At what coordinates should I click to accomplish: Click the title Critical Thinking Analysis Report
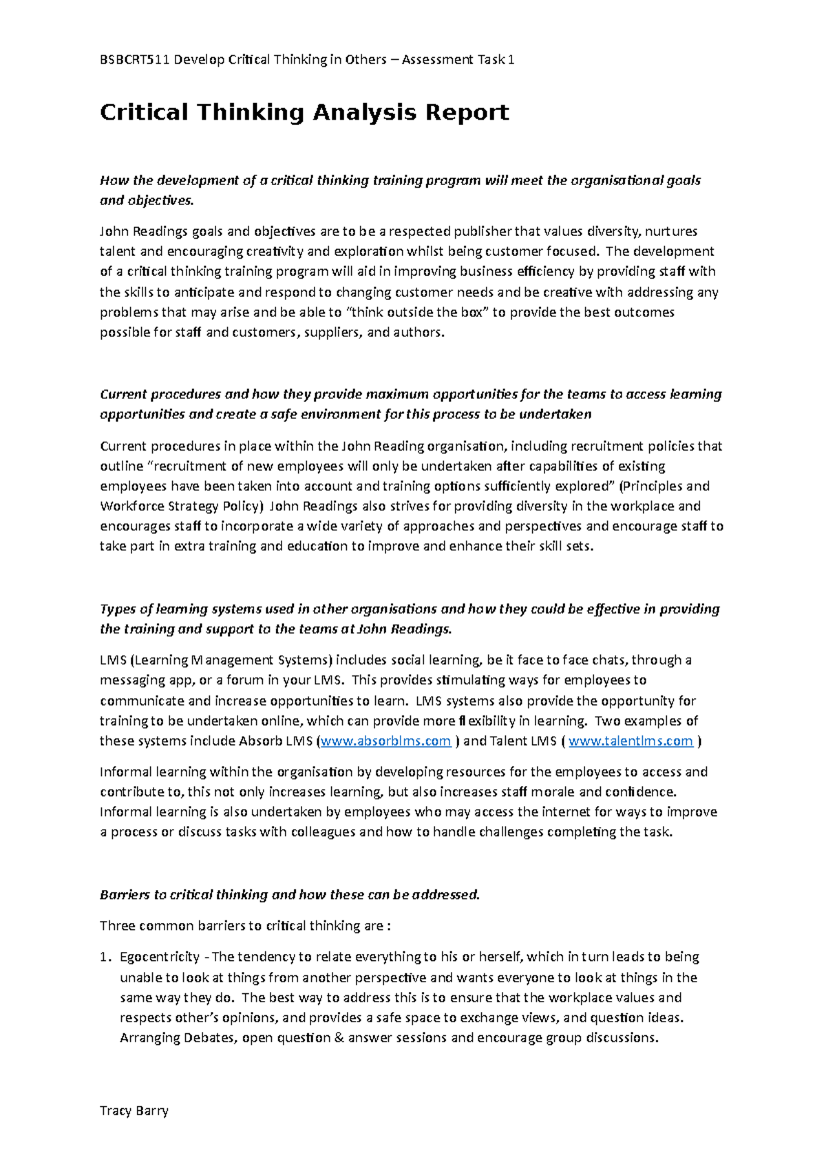tap(304, 112)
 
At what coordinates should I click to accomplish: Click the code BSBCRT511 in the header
tap(134, 60)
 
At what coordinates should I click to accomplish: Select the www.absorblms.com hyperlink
tap(386, 741)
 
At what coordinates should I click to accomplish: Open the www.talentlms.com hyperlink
tap(631, 741)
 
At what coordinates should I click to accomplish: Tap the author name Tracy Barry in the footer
tap(134, 1110)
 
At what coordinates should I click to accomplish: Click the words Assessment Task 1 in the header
tap(458, 60)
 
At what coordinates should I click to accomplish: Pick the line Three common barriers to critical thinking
tap(244, 926)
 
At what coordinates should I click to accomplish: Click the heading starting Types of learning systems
tap(410, 609)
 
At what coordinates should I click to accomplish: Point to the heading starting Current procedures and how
tap(410, 395)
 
